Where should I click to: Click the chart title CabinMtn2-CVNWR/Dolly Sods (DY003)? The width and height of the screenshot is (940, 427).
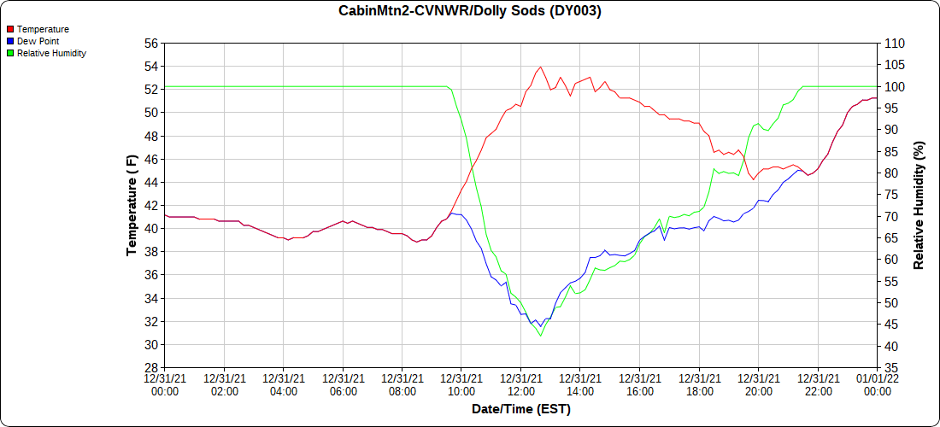(470, 11)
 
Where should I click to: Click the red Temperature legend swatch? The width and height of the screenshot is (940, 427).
(9, 29)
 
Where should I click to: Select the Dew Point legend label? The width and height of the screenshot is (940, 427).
(38, 41)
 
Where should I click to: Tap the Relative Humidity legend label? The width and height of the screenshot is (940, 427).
(51, 53)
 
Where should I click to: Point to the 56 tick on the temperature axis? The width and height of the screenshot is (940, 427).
(150, 43)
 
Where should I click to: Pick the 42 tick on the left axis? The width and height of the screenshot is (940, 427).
(150, 206)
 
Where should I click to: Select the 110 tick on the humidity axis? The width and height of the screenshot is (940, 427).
(894, 43)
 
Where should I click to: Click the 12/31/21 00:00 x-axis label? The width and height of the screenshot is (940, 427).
(165, 384)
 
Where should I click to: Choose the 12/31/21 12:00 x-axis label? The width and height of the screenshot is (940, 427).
(521, 384)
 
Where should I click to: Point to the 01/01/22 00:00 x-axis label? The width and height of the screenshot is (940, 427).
(877, 384)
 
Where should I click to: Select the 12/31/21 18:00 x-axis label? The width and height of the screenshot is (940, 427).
(699, 384)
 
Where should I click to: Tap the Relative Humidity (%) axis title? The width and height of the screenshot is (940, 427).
(919, 205)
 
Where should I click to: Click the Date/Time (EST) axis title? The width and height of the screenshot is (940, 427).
(521, 409)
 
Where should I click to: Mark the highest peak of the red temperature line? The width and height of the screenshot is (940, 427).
(540, 67)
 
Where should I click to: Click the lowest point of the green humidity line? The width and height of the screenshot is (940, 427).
(540, 336)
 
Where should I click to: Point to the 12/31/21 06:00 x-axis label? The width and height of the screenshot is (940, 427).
(343, 384)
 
